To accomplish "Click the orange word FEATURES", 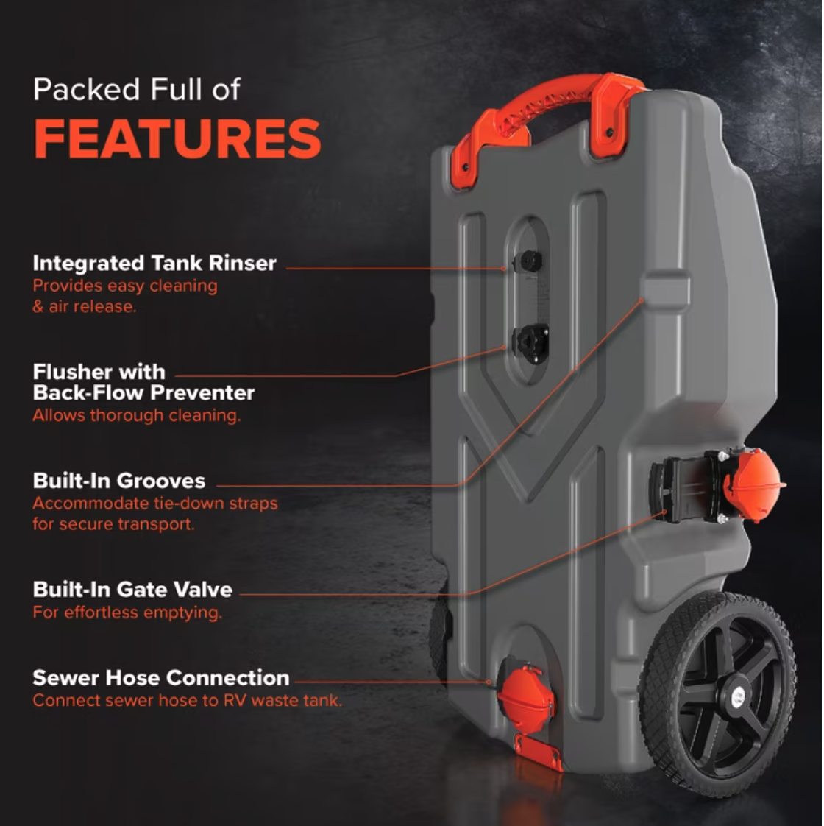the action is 177,138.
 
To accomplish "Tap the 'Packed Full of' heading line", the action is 137,89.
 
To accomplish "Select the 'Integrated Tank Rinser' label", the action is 154,263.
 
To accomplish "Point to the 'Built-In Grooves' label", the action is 119,481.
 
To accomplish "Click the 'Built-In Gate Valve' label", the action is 132,590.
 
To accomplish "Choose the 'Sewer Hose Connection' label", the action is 161,678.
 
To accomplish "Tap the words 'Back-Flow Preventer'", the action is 143,393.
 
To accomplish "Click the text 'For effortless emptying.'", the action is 127,613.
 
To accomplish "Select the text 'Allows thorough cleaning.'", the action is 137,416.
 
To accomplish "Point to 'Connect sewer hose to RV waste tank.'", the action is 188,701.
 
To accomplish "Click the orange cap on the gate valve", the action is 753,484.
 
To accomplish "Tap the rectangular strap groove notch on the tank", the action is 665,289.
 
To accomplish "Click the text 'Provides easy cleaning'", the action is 125,286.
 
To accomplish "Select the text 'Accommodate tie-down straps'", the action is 155,504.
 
